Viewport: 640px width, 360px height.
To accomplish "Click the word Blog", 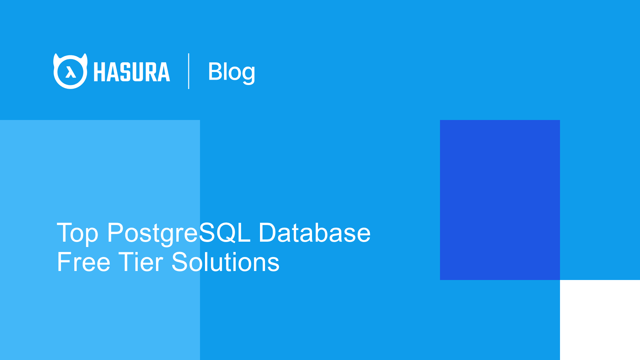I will click(231, 71).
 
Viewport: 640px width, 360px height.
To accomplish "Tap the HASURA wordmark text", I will click(132, 72).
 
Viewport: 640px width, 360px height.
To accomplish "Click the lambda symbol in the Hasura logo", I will click(70, 72).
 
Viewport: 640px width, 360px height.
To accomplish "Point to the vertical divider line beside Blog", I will click(189, 71).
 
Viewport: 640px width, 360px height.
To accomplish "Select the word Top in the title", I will click(77, 233).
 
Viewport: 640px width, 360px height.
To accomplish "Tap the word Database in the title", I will click(314, 233).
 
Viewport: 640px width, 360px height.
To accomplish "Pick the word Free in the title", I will click(83, 262).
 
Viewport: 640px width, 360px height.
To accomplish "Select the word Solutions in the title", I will click(225, 262).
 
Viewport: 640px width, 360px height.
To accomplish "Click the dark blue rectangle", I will click(500, 200).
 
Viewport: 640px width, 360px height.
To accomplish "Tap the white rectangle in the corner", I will click(600, 320).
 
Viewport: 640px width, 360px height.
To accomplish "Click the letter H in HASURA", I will click(99, 72).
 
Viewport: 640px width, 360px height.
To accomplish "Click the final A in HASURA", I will click(163, 72).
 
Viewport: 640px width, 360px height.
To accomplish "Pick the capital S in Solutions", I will click(180, 262).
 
